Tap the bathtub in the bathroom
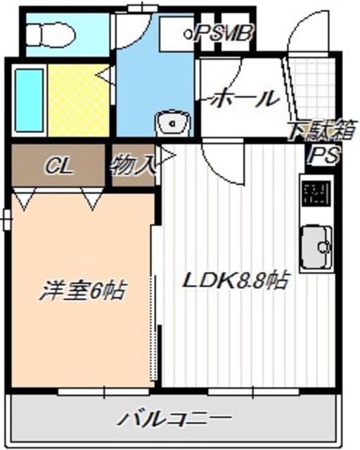[x=28, y=102]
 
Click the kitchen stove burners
[x=316, y=193]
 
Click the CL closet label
[x=60, y=166]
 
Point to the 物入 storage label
[x=131, y=167]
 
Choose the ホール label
[x=243, y=99]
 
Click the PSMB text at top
[x=224, y=32]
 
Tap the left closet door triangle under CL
[x=25, y=200]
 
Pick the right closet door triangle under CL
[x=92, y=200]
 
